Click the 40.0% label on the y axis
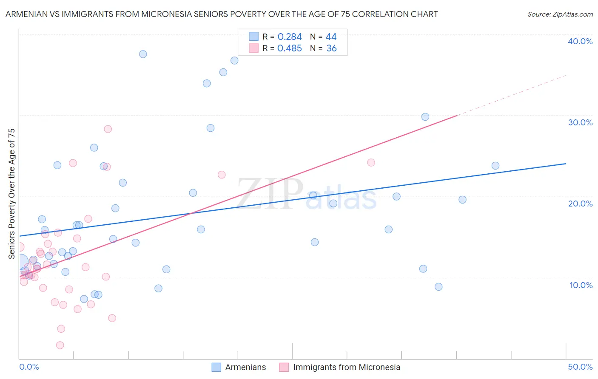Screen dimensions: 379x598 580,41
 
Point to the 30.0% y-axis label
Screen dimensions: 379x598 580,122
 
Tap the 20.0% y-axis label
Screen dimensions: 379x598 580,204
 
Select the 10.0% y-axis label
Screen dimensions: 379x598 581,285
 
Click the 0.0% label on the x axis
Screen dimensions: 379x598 29,367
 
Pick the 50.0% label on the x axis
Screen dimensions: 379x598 580,367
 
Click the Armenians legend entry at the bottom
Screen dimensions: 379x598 245,367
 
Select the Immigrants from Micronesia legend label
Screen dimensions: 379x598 346,367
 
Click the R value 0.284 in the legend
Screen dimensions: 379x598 289,37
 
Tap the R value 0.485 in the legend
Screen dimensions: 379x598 289,48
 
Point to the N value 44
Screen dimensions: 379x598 331,37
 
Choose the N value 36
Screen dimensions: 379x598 331,48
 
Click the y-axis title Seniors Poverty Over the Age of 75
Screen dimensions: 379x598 11,193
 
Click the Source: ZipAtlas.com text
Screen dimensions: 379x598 560,14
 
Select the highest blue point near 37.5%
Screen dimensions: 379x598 143,54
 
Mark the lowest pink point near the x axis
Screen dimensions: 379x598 60,345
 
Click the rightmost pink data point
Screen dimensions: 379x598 371,162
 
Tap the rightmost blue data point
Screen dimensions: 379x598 495,166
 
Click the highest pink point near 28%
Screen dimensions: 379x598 108,129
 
